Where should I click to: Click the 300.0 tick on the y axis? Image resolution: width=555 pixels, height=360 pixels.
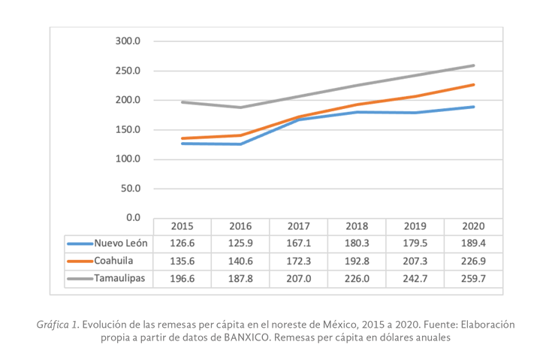[128, 41]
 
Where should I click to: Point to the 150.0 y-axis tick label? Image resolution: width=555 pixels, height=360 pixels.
[128, 129]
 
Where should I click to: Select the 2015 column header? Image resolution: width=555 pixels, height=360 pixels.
[182, 226]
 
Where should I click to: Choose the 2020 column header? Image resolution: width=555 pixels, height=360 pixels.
[473, 226]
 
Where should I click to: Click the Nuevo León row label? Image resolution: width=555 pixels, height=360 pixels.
[121, 244]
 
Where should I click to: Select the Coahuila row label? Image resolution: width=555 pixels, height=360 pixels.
[116, 261]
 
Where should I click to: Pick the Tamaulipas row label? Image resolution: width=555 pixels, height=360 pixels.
[120, 278]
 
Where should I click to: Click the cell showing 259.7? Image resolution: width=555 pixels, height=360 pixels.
[473, 278]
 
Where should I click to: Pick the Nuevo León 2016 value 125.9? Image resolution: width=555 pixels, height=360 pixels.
[240, 244]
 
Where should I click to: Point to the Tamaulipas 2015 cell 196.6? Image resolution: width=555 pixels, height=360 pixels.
[182, 278]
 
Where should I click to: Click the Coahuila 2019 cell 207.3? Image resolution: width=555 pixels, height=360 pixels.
[415, 261]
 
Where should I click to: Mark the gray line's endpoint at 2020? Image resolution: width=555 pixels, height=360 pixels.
[473, 65]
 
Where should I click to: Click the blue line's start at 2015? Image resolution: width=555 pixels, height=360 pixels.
[182, 143]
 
